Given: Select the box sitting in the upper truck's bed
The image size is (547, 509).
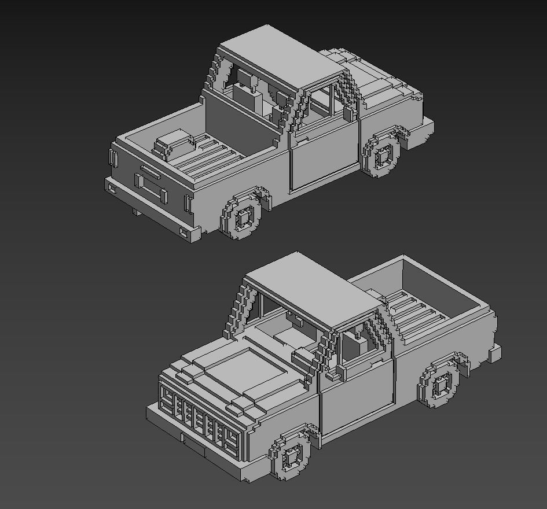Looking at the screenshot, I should (x=173, y=142).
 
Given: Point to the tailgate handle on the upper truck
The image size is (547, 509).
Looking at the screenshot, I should (x=150, y=172).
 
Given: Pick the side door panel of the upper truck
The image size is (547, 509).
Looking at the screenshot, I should (x=322, y=157).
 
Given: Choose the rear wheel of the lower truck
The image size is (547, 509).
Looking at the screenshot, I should (x=441, y=383).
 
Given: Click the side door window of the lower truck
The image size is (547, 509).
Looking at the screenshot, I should (x=359, y=344).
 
